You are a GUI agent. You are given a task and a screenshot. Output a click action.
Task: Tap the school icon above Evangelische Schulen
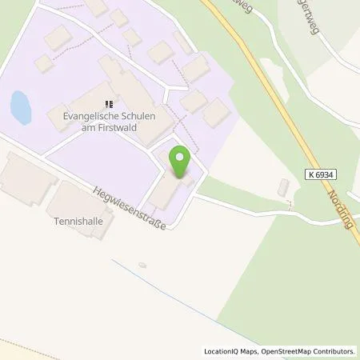(110, 102)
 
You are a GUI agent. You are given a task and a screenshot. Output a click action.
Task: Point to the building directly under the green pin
(166, 190)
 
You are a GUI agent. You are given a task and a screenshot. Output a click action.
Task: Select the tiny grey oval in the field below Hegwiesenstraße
(142, 265)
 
